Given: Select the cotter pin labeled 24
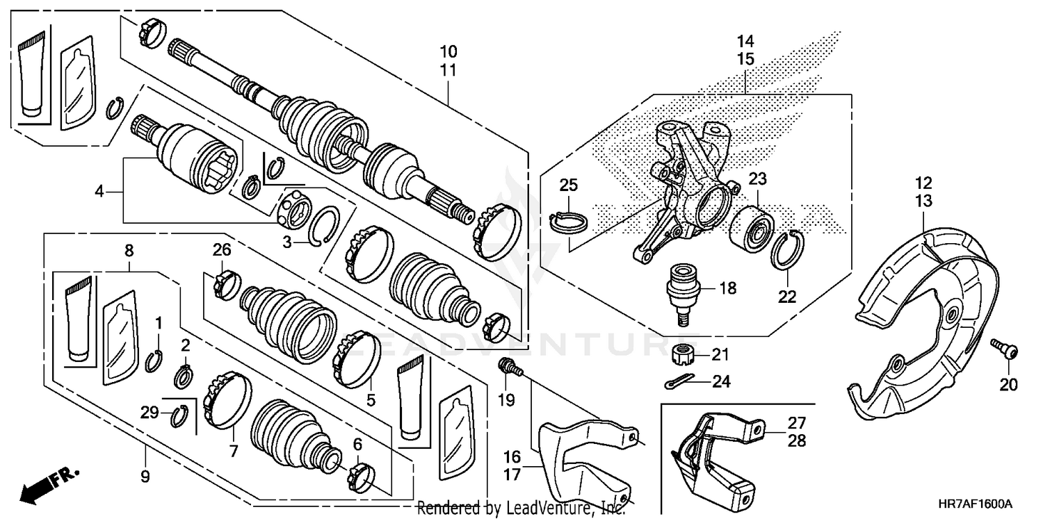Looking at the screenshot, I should pos(674,382).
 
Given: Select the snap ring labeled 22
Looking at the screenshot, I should pos(786,249).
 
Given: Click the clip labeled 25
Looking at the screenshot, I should pos(569,220).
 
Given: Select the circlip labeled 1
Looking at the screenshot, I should pos(154,360).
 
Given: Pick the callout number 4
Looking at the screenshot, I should pos(99,190).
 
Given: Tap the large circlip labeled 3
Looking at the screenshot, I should pos(325,226).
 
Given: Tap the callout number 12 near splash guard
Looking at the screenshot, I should pos(923,184).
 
